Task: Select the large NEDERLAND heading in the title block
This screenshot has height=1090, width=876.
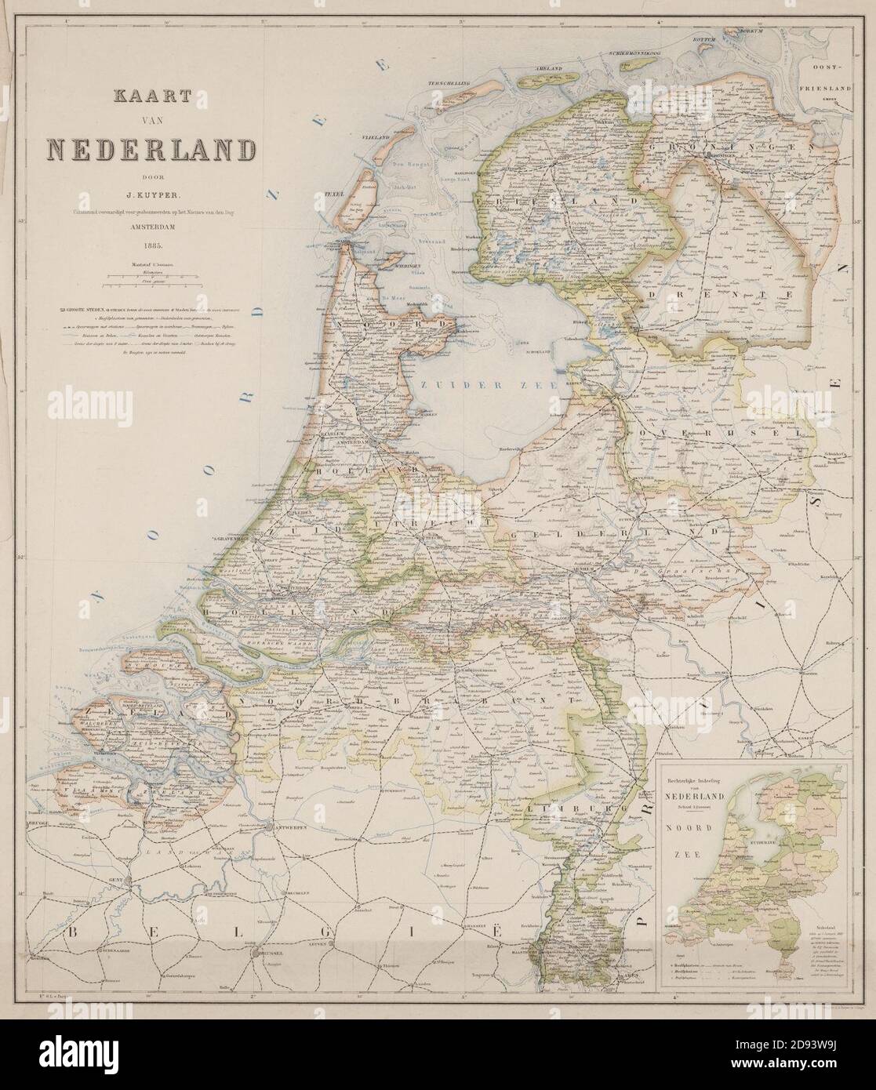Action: (151, 149)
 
